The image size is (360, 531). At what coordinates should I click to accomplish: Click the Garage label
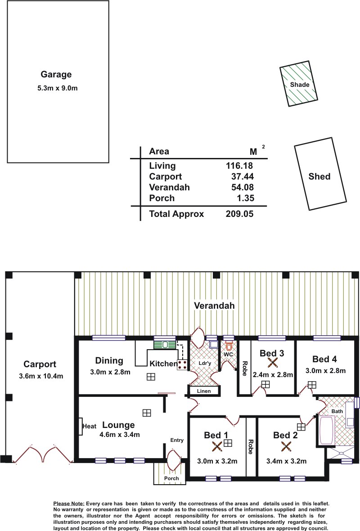click(x=56, y=75)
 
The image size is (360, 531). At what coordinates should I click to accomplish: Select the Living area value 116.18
click(x=239, y=166)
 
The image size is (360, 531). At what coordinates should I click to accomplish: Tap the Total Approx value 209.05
click(x=239, y=214)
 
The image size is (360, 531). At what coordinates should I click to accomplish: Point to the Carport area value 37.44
click(x=243, y=176)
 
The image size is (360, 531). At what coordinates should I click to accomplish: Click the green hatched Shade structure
click(x=298, y=84)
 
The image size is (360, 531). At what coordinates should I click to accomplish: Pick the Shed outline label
click(x=319, y=176)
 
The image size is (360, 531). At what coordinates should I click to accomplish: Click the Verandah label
click(x=214, y=306)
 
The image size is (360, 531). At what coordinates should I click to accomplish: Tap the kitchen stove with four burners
click(x=182, y=364)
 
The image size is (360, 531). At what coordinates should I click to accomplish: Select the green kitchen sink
click(x=165, y=344)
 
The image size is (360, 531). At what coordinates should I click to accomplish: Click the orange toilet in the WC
click(x=229, y=346)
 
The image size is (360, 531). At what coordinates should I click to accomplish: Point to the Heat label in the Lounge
click(x=90, y=426)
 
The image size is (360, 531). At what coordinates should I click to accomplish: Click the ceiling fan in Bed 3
click(x=272, y=363)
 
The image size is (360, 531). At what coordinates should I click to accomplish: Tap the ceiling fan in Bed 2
click(x=286, y=447)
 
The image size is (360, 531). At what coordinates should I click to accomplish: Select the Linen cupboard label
click(x=204, y=391)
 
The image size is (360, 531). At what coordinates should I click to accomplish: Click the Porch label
click(x=171, y=478)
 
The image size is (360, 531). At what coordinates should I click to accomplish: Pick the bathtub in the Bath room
click(x=326, y=430)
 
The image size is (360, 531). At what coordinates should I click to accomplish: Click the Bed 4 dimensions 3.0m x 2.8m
click(x=325, y=370)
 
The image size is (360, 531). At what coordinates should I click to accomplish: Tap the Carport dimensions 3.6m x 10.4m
click(x=41, y=376)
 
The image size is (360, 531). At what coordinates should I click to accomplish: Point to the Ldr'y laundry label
click(x=205, y=363)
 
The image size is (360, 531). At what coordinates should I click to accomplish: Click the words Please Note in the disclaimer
click(x=69, y=504)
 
